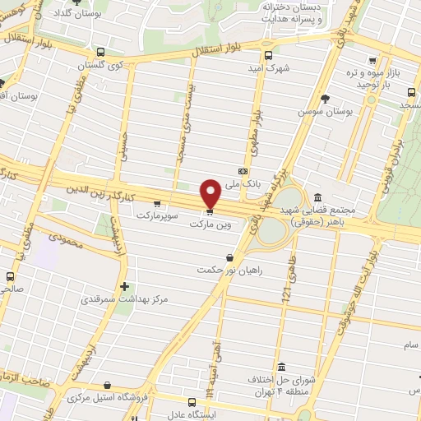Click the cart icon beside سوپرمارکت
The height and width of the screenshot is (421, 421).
click(156, 203)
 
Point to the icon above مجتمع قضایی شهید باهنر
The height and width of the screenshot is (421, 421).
click(317, 197)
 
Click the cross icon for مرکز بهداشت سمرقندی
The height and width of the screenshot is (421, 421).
click(124, 287)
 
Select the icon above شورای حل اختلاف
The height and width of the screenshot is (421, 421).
click(281, 367)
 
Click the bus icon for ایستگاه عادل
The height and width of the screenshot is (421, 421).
click(192, 403)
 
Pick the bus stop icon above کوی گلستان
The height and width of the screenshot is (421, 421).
click(100, 51)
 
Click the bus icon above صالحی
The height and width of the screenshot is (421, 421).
click(11, 276)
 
